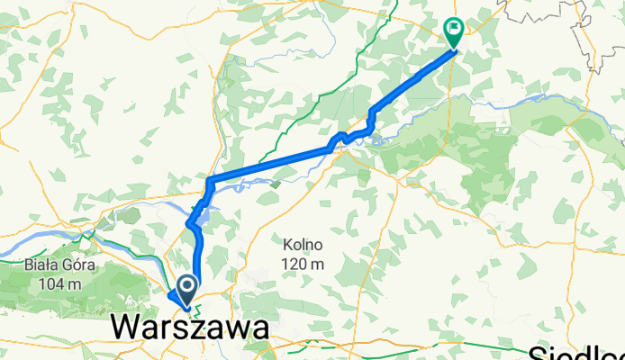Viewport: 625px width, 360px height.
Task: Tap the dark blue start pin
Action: [187, 289]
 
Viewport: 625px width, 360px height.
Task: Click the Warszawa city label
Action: [189, 328]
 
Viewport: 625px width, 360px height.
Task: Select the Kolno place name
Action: [301, 245]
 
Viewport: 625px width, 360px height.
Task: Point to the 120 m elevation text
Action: [301, 264]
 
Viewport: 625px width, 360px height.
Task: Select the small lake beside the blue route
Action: [204, 213]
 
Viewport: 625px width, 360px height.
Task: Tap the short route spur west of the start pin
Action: [172, 295]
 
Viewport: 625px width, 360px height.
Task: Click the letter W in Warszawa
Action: [129, 328]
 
